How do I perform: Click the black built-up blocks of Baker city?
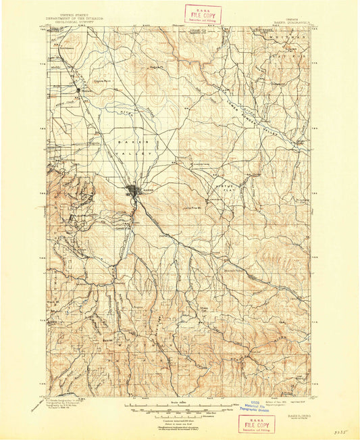coord(135,191)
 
